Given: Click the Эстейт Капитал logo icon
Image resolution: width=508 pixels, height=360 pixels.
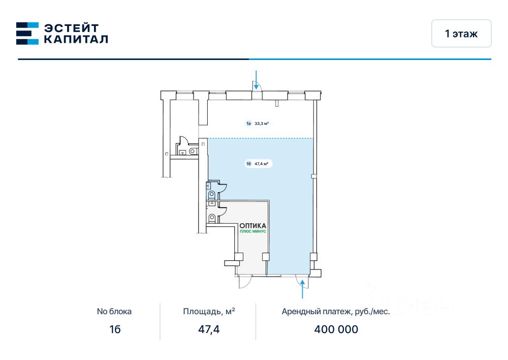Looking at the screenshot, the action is pos(27,33).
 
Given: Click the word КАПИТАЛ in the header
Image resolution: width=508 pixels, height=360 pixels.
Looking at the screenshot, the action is pos(76,39).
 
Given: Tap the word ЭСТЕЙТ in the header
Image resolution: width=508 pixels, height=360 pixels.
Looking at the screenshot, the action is pos(71,27).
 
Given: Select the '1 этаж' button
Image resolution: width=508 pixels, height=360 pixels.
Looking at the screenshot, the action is pos(461,34).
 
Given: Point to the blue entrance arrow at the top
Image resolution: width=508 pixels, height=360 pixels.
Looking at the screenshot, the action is pos(257,80).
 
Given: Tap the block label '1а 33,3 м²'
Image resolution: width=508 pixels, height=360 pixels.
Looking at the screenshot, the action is pos(258,123).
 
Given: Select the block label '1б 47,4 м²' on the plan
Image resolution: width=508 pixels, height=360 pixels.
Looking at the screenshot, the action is pos(258,164).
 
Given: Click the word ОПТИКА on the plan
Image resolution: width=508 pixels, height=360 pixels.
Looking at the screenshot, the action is pos(253,225).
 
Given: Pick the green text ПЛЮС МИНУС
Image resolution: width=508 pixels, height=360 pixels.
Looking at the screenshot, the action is pos(253,231).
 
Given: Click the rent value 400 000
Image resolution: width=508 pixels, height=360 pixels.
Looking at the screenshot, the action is pos(336,329).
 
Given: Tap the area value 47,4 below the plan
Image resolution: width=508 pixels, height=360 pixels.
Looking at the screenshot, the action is pos(209,329).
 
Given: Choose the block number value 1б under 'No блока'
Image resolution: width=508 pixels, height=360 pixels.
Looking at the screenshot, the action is pos(115,329).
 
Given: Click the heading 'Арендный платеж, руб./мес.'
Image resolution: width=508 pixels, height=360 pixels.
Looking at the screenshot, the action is pos(336,312).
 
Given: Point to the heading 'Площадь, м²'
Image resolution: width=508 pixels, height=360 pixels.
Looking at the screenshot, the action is pos(209,312).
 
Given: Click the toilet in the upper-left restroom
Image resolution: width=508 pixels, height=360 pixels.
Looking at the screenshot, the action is pos(193,151).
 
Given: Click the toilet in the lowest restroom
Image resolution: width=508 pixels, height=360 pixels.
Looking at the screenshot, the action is pos(211,219).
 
